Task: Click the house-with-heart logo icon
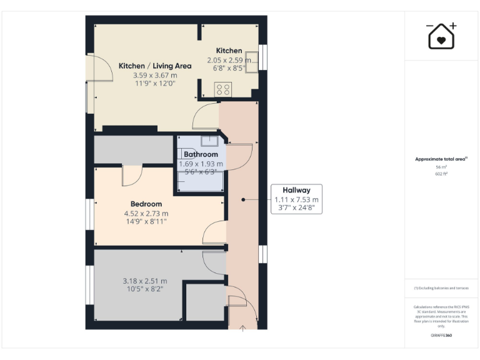441,36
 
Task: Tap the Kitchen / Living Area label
155,66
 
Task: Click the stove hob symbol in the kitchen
222,89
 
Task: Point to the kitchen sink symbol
251,61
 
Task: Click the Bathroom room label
201,154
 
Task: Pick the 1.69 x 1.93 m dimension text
201,164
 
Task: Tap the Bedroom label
146,204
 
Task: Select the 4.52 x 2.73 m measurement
146,213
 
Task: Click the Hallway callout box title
296,191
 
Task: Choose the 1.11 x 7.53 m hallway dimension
296,200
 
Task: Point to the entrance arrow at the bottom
242,327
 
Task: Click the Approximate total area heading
441,159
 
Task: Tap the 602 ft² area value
441,174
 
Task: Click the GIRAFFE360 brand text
441,336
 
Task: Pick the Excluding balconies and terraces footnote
441,287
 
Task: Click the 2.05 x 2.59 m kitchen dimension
229,60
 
